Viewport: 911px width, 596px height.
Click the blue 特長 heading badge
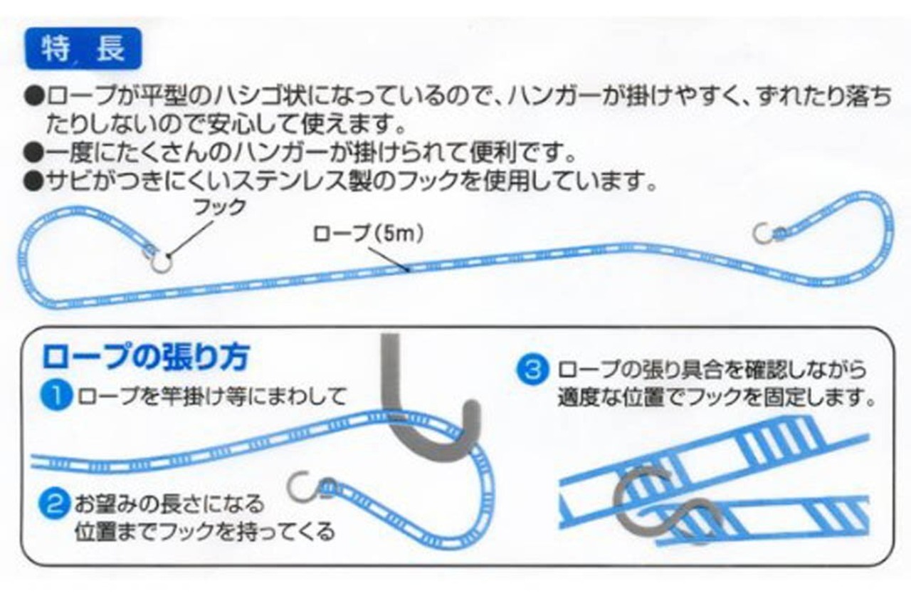(83, 50)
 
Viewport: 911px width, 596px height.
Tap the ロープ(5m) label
(366, 234)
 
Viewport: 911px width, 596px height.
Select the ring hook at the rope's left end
(161, 261)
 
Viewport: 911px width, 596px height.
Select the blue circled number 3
(535, 370)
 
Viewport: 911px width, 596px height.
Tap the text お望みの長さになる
(169, 505)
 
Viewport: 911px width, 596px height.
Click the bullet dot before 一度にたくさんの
(33, 153)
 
